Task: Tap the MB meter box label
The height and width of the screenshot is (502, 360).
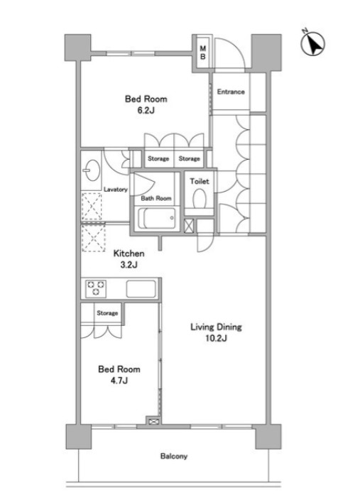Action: tap(203, 53)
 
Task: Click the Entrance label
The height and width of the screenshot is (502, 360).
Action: tap(231, 92)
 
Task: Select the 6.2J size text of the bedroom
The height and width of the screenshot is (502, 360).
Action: tap(146, 111)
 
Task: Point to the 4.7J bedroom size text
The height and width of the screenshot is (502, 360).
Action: tap(119, 381)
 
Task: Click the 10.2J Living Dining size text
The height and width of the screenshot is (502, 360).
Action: tap(216, 339)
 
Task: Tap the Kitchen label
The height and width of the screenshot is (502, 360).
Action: tap(129, 253)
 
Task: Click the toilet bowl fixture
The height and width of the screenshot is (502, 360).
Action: tap(200, 199)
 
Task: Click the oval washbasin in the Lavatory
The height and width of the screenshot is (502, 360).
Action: tap(92, 170)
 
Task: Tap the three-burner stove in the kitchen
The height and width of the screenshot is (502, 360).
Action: tap(96, 288)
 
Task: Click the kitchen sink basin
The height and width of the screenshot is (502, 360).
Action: tap(141, 289)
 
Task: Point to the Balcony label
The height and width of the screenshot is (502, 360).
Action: tap(174, 457)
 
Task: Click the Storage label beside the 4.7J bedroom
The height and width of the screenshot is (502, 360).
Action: tap(107, 313)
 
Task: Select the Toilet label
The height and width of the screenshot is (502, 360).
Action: tap(200, 181)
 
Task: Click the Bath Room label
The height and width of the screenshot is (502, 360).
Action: tap(156, 199)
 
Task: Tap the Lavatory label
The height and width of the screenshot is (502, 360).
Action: tap(115, 190)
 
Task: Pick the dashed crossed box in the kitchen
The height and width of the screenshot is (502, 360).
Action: tap(93, 238)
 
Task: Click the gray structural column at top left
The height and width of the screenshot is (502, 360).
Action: tap(78, 48)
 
